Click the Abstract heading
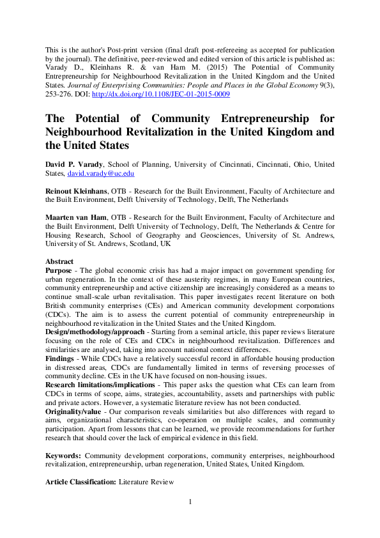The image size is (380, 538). pos(59,261)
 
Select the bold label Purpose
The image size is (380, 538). pos(59,271)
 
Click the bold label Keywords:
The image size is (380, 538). pos(63,456)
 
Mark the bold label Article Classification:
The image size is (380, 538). pos(80,482)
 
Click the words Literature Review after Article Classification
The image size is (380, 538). pos(146,482)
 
